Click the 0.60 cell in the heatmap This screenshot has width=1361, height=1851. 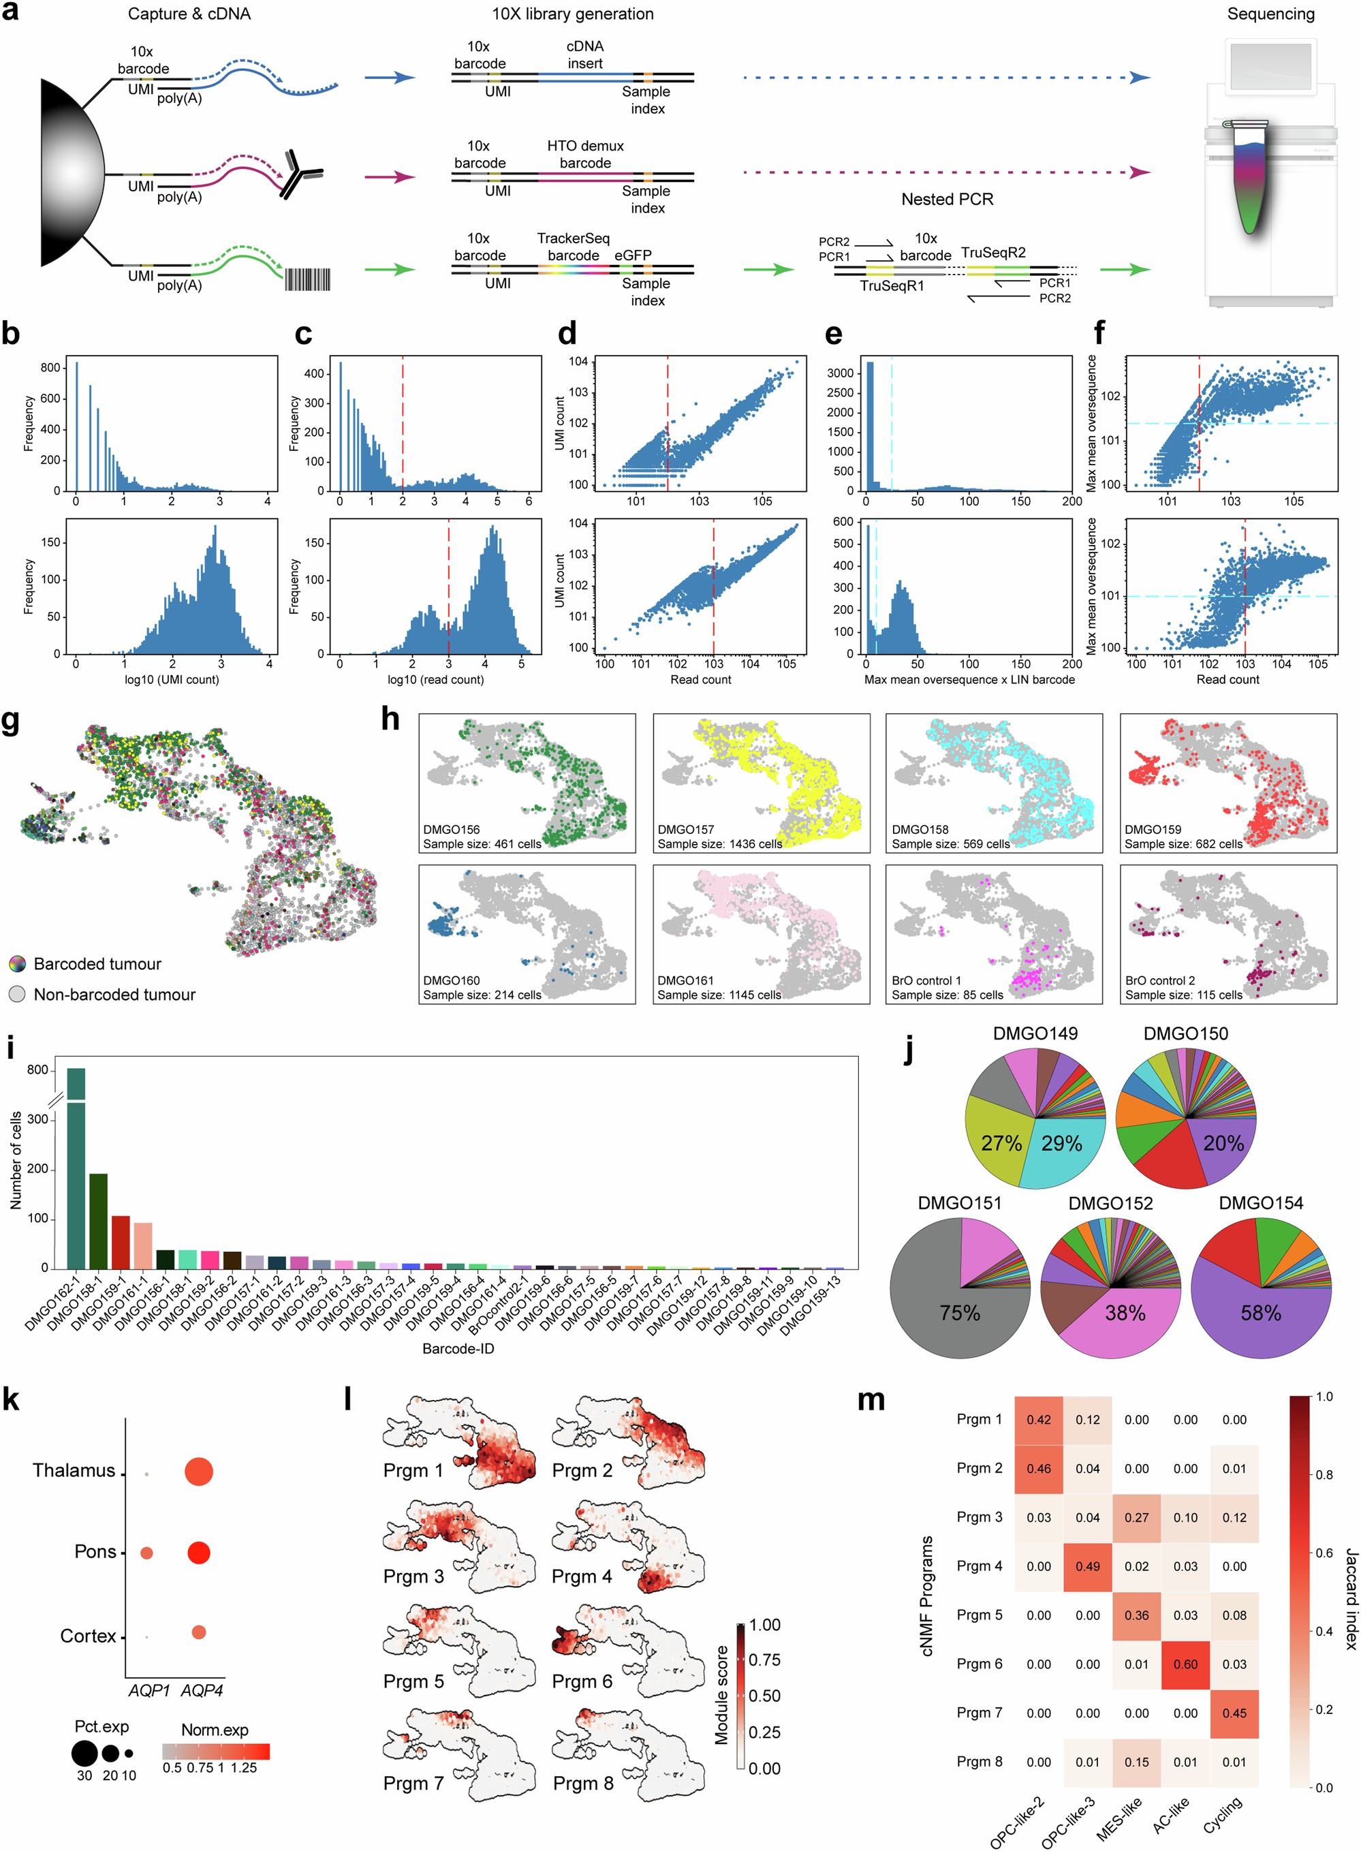point(1185,1663)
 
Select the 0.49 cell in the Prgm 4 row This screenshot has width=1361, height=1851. point(1086,1566)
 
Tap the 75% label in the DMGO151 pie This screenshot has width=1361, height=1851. point(960,1313)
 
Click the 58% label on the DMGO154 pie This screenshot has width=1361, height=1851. point(1260,1313)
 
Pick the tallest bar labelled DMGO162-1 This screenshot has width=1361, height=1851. point(76,1170)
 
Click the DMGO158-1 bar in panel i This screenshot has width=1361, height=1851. point(98,1221)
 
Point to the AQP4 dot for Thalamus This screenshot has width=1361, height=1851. point(198,1472)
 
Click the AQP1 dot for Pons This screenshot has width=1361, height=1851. point(146,1553)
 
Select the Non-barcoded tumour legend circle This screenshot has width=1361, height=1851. point(17,994)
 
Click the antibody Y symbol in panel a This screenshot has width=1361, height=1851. point(299,174)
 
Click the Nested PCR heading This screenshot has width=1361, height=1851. point(947,200)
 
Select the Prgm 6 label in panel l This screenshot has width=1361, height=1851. point(582,1681)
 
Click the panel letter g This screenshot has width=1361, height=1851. point(11,721)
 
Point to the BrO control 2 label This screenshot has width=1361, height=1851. point(1160,980)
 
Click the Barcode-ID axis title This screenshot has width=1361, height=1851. point(458,1348)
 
